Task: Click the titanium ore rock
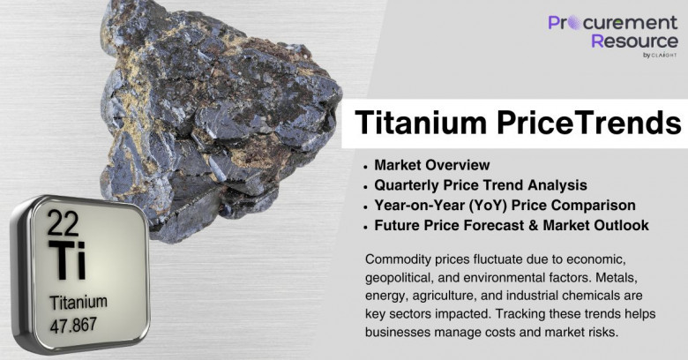pos(220,118)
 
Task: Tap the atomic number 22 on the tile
pos(63,223)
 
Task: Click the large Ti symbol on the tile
pos(67,259)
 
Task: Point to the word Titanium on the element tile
pos(79,303)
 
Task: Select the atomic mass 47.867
pos(73,326)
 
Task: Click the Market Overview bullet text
pos(431,165)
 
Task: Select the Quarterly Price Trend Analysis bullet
pos(481,185)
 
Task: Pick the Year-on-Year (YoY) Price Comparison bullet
pos(505,206)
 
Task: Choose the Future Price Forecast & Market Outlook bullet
pos(512,225)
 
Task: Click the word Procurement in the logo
pos(613,22)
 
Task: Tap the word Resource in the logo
pos(634,41)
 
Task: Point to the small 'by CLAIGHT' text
pos(660,56)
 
